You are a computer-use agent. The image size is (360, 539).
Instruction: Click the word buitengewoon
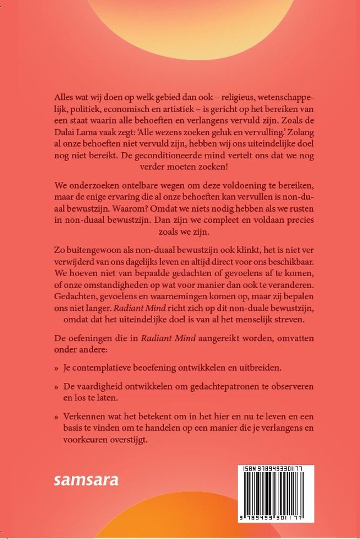point(96,249)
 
